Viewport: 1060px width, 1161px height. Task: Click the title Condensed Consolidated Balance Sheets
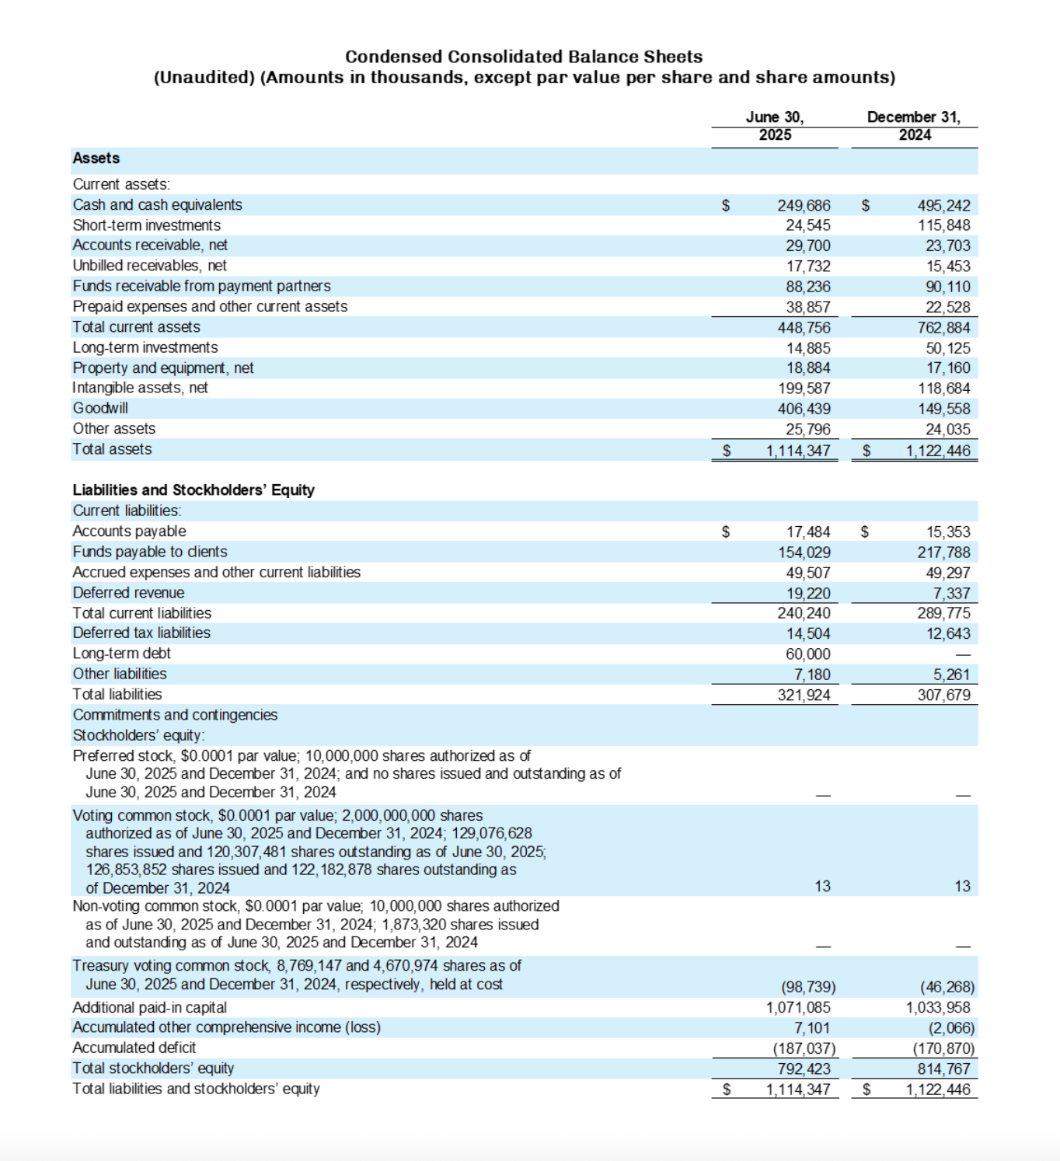[524, 57]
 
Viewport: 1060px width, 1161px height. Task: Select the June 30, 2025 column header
[775, 126]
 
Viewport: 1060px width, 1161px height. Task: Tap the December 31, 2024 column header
[914, 126]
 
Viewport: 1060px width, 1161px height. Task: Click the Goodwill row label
[100, 408]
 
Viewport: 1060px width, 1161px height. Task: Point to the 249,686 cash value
[804, 205]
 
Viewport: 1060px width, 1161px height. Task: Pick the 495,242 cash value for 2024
[943, 205]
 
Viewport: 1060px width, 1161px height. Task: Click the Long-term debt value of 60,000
[807, 654]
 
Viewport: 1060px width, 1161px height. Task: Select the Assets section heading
[96, 158]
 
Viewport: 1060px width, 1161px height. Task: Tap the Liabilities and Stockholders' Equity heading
[194, 490]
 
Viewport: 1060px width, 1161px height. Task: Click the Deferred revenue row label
[129, 592]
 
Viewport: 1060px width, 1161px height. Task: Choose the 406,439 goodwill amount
[804, 409]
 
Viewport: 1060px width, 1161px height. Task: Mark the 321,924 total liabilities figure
[804, 695]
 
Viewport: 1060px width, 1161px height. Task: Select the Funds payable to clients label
[150, 552]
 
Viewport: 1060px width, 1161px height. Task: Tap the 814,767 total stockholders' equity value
[943, 1069]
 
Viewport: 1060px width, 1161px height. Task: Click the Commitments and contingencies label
[175, 715]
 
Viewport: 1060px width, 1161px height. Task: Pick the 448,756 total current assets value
[804, 327]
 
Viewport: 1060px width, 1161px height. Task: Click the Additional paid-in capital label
[149, 1007]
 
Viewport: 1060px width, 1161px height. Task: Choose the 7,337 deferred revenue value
[951, 593]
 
